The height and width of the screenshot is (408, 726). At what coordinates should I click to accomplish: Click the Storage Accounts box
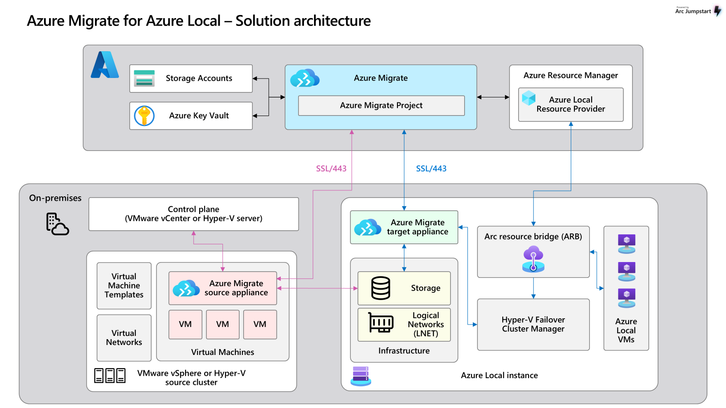[191, 78]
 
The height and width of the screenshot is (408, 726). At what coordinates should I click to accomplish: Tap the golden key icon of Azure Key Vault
[144, 116]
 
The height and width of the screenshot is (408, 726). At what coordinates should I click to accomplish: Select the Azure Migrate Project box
[381, 106]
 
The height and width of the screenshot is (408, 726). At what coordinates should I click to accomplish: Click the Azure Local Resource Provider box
[571, 105]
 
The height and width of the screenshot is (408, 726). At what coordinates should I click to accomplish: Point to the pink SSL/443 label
[331, 168]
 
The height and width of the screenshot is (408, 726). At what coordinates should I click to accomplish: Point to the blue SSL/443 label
[431, 168]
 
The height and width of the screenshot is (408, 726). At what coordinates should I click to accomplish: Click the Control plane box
[193, 214]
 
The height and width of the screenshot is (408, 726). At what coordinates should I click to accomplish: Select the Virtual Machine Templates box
[124, 286]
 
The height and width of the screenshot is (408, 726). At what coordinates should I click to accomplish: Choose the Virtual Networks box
[124, 338]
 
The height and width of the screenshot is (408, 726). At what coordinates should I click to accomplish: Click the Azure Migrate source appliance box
[223, 288]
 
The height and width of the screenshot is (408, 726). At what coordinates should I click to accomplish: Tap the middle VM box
[223, 325]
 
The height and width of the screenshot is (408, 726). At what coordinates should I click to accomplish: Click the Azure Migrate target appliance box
[404, 227]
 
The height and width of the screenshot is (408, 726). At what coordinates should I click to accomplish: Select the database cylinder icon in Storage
[381, 288]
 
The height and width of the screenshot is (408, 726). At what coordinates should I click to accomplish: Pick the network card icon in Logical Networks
[381, 322]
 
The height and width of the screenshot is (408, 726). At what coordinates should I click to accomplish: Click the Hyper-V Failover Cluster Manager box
[533, 325]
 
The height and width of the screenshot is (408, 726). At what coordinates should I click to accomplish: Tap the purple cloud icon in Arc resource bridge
[533, 258]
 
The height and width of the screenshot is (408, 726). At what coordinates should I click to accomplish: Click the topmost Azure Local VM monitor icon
[627, 243]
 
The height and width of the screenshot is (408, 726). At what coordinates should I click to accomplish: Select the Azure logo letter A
[105, 65]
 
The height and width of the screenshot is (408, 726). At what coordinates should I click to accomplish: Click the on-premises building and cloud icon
[57, 224]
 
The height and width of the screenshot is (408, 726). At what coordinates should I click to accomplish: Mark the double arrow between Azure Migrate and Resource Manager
[493, 97]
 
